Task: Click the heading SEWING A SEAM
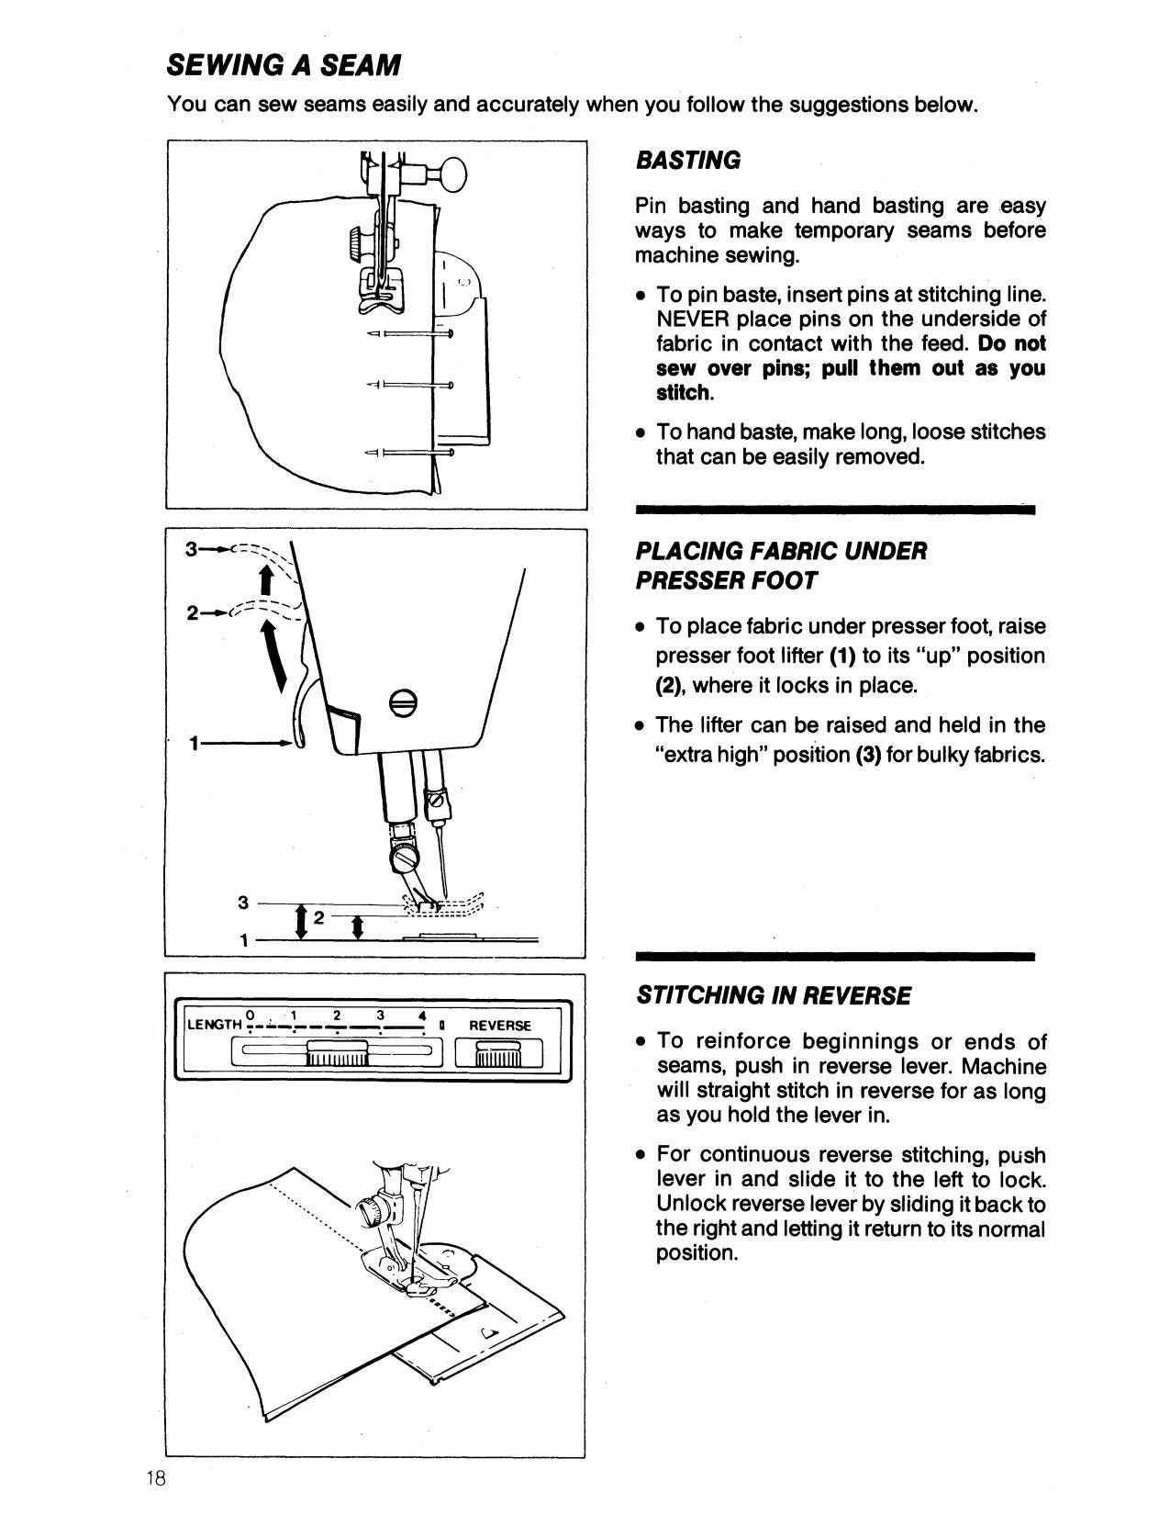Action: click(x=284, y=65)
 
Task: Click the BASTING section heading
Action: click(x=687, y=161)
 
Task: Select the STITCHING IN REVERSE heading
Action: click(x=774, y=995)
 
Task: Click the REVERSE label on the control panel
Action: click(x=500, y=1025)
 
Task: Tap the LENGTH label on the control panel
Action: click(x=213, y=1025)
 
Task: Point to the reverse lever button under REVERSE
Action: click(x=499, y=1053)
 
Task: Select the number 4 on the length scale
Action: click(x=420, y=1016)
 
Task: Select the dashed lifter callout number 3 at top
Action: click(x=190, y=550)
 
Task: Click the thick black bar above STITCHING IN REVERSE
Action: click(x=834, y=956)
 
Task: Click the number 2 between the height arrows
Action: click(x=318, y=917)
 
